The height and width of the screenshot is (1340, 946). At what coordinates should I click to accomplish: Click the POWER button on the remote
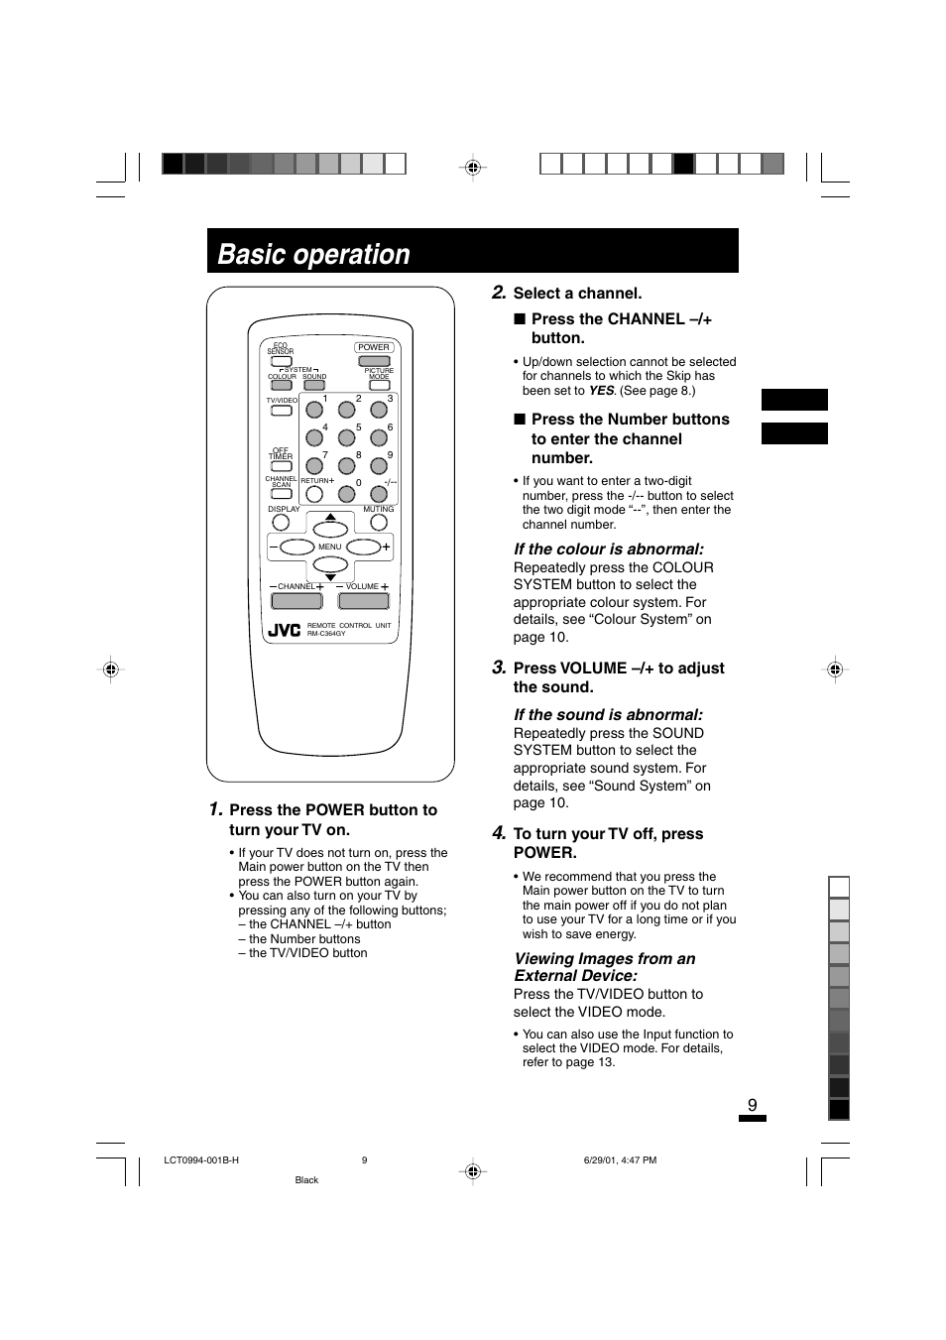point(374,361)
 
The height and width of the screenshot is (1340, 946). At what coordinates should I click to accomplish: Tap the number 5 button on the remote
point(346,436)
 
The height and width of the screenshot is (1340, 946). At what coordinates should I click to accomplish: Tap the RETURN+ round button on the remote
point(314,493)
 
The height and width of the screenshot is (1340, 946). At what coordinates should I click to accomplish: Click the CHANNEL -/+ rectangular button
point(296,600)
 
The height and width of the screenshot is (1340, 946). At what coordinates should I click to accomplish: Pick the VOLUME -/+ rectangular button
point(363,600)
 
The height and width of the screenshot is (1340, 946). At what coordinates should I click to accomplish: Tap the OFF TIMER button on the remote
point(282,466)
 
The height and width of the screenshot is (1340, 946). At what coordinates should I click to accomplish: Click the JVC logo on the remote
point(285,630)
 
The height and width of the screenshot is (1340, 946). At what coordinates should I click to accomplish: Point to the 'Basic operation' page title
point(313,254)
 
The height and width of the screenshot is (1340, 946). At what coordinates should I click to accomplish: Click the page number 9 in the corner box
point(753,1105)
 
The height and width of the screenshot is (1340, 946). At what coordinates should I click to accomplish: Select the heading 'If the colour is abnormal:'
point(609,548)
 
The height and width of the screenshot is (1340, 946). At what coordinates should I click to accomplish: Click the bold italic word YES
point(601,391)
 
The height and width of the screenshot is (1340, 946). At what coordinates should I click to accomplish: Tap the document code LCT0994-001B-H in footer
point(201,1160)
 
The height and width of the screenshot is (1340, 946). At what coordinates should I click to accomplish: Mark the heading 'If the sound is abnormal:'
point(608,714)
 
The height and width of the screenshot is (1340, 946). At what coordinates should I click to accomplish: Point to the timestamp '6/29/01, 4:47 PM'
point(614,1160)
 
